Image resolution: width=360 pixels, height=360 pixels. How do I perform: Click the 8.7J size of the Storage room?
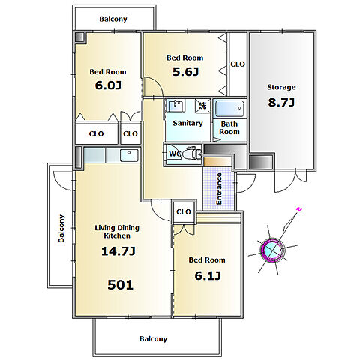281,103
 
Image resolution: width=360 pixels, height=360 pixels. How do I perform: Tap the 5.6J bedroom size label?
185,72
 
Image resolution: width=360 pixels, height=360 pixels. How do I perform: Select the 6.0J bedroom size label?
108,85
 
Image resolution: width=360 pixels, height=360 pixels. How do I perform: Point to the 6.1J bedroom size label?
208,276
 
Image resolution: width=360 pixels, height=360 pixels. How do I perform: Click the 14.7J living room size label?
118,251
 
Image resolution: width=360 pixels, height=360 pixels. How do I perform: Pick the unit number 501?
120,285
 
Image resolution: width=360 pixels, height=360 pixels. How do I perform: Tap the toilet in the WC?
192,154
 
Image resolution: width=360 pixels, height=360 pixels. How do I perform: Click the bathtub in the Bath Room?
229,109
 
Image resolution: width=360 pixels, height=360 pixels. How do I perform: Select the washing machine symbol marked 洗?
202,106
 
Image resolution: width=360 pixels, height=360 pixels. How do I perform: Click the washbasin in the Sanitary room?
176,106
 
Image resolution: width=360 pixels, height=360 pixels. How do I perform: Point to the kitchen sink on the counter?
129,155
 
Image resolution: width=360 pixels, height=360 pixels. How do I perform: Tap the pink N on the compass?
299,209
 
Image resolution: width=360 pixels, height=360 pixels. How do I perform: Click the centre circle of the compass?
272,250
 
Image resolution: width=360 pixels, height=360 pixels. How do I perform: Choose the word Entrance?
219,189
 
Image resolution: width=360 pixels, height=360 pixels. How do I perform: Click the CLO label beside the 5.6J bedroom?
238,64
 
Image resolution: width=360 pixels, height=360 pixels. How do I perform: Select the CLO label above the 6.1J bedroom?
184,212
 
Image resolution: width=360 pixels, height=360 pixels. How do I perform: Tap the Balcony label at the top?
113,19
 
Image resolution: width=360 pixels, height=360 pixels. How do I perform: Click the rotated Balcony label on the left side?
61,229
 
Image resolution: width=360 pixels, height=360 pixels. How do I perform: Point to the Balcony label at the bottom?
153,339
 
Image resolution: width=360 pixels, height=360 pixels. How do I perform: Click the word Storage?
281,87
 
